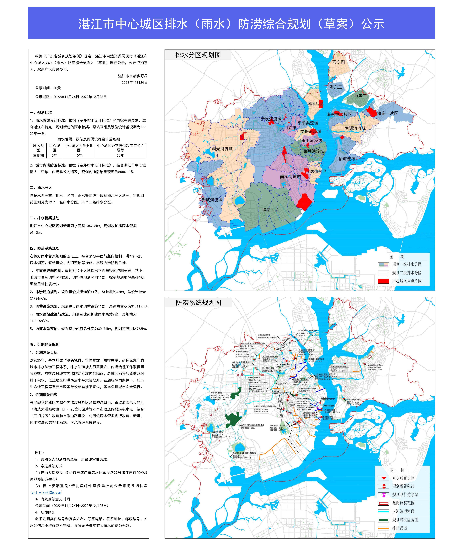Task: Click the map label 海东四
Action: [339, 62]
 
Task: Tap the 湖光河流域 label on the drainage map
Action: [222, 149]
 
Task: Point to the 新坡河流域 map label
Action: [212, 200]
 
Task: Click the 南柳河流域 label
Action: [290, 177]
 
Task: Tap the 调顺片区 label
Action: [315, 104]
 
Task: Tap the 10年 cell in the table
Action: [79, 155]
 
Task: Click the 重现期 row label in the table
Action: [38, 155]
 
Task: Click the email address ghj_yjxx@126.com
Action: [46, 492]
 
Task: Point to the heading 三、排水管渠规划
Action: [45, 218]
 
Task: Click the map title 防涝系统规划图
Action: [198, 303]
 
